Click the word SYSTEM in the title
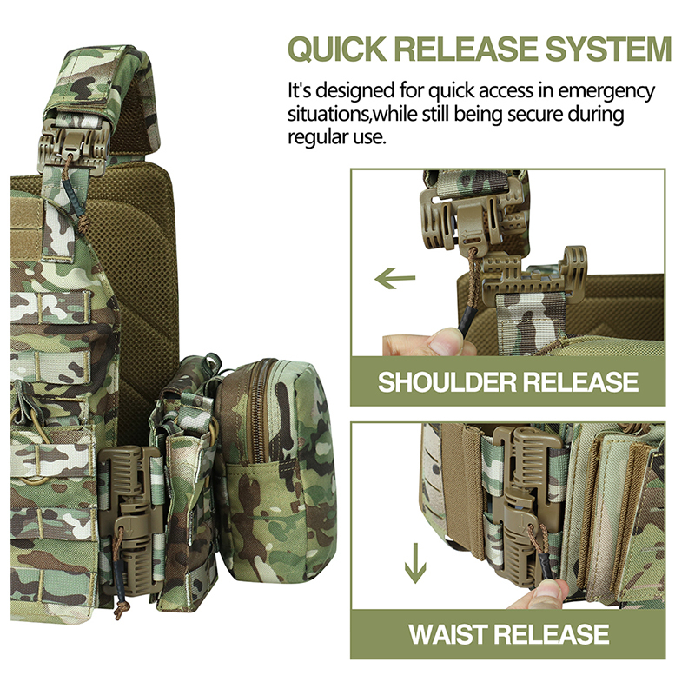607,49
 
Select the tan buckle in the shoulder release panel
460,217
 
